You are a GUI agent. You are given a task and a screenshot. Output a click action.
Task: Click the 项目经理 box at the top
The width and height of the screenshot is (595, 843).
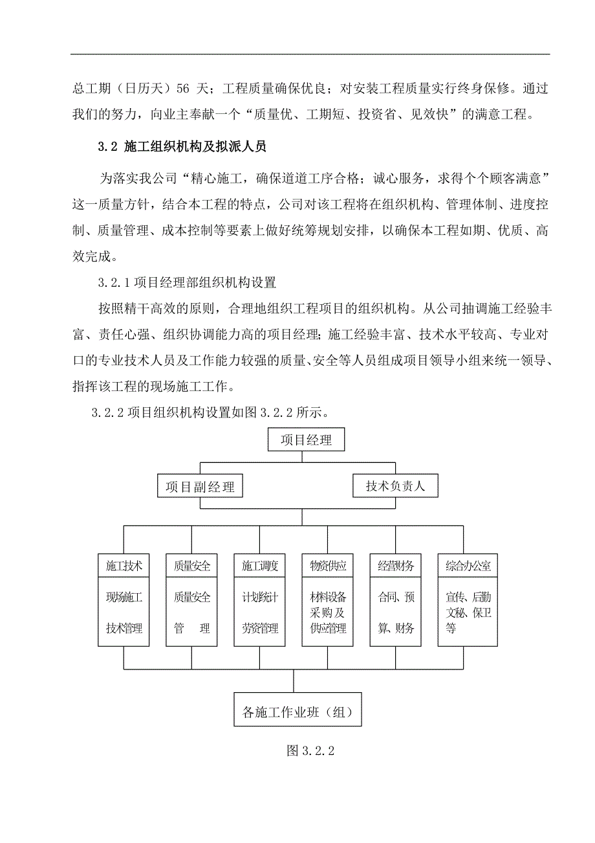(x=306, y=440)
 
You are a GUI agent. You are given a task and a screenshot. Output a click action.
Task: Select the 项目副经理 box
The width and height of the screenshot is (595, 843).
(x=200, y=486)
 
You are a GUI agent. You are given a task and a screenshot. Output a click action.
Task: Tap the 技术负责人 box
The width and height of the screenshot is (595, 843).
(x=395, y=486)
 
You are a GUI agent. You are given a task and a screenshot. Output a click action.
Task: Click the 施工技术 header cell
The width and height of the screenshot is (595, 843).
(x=124, y=566)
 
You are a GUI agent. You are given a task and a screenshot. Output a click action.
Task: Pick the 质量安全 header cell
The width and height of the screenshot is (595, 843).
(x=192, y=566)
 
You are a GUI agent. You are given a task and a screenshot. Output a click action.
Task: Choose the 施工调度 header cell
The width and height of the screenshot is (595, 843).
(x=260, y=566)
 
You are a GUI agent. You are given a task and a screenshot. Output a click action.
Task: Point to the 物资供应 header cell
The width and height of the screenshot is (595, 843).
(x=328, y=566)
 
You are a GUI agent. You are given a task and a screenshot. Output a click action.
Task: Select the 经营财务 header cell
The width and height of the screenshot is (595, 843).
(x=396, y=566)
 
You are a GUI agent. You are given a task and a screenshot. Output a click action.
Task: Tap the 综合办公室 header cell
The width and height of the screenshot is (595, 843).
(x=468, y=566)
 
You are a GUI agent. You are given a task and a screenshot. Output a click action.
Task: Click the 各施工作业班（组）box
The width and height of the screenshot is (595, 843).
(x=297, y=713)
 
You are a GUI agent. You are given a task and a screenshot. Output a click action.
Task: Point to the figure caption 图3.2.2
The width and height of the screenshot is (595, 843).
(x=313, y=750)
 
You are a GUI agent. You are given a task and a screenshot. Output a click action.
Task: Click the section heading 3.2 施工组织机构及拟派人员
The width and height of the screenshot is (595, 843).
(x=182, y=147)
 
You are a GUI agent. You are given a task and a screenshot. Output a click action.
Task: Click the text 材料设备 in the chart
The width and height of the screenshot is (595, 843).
(x=328, y=597)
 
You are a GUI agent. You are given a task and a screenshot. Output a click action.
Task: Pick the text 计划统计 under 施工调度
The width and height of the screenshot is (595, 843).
(x=260, y=597)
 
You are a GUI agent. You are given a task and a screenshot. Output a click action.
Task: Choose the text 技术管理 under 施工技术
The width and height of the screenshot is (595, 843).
(x=124, y=628)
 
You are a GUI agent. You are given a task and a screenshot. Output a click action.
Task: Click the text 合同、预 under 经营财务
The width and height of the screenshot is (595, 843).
(x=396, y=597)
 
